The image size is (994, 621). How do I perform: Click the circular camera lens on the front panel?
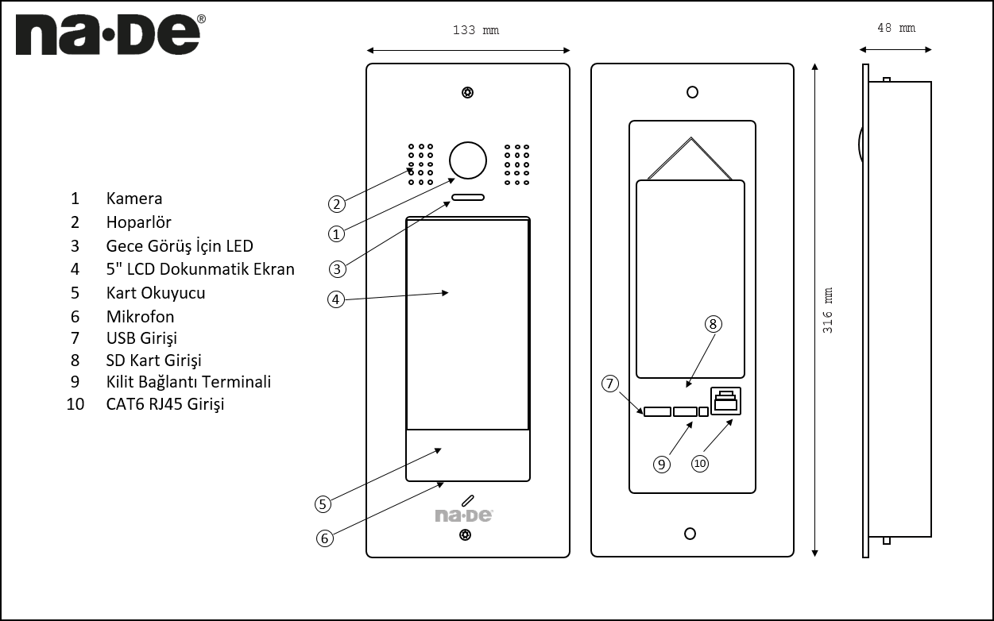click(x=467, y=160)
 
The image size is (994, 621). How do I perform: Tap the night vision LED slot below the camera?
click(x=467, y=197)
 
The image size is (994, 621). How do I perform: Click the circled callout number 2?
click(x=338, y=204)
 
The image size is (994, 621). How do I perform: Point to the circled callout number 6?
click(x=324, y=538)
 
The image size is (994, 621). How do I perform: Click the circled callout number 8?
click(x=713, y=323)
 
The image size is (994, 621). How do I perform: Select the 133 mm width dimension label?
click(x=476, y=30)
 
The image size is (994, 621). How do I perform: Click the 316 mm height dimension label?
click(x=827, y=310)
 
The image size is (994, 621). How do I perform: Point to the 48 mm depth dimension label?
click(x=895, y=28)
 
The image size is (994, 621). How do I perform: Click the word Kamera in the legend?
click(x=134, y=199)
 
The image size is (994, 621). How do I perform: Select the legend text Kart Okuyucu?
click(x=156, y=292)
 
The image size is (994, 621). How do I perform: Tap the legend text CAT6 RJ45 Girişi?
click(x=165, y=404)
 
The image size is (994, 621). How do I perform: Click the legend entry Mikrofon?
click(x=140, y=316)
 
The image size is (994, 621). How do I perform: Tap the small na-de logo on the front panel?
click(x=464, y=515)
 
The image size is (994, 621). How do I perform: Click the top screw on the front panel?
click(x=467, y=93)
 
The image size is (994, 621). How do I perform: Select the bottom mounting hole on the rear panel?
click(x=691, y=533)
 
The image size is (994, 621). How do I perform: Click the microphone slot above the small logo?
click(x=467, y=500)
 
